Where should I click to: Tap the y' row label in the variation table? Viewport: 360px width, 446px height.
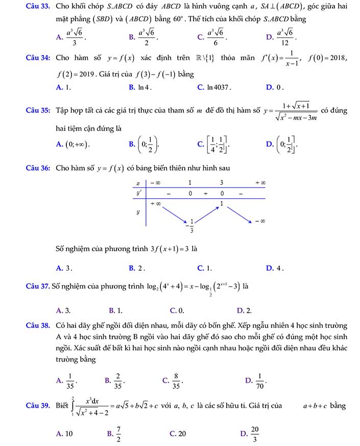[x=138, y=194]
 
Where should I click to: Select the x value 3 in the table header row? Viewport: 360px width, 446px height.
[x=222, y=182]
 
